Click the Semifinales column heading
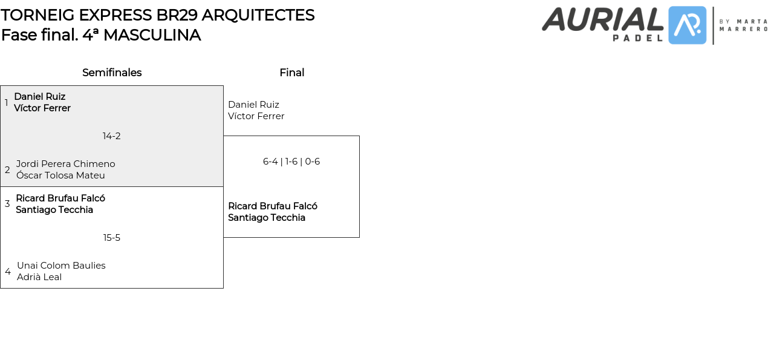tap(112, 73)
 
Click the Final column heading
tap(291, 73)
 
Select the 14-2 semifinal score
tap(112, 136)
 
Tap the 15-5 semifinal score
tap(112, 238)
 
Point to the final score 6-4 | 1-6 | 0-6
tap(291, 162)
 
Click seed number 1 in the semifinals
tap(7, 102)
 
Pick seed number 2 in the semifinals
tap(7, 170)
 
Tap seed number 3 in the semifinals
tap(7, 204)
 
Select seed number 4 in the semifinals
tap(8, 272)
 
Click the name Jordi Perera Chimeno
tap(65, 164)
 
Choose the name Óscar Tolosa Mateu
tap(60, 175)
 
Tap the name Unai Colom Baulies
tap(61, 266)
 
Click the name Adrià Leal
tap(39, 277)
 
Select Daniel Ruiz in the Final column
tap(253, 105)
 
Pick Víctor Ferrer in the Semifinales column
tap(42, 108)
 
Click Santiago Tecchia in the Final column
tap(267, 218)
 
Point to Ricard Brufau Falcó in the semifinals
tap(60, 198)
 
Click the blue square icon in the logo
tap(687, 25)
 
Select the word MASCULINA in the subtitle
tap(152, 35)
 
